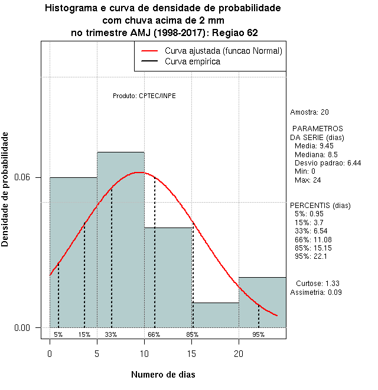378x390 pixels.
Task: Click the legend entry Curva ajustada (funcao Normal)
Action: pos(223,51)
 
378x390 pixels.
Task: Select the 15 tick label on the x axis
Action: pos(191,354)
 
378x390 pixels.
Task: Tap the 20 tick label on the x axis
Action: pos(239,354)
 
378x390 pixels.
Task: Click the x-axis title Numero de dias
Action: pos(162,375)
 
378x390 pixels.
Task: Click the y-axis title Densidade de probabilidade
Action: pos(5,189)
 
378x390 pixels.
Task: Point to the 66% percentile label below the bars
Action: pos(154,334)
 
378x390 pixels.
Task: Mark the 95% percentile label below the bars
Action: pos(258,334)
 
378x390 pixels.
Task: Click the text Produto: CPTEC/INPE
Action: pos(144,96)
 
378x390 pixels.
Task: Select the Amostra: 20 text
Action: pos(309,112)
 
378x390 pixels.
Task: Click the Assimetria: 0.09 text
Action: pos(316,292)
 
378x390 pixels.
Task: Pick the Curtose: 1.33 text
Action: pos(318,284)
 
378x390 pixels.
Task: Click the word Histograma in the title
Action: pos(70,9)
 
